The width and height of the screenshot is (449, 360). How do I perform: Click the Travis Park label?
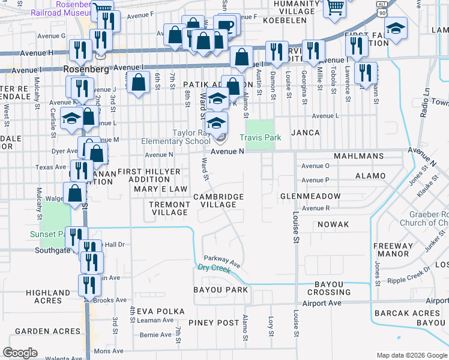click(x=261, y=138)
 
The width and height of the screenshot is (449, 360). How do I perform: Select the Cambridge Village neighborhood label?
click(x=218, y=200)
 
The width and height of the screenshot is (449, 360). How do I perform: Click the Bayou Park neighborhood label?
click(x=220, y=290)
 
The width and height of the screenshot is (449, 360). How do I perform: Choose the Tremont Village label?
click(x=169, y=208)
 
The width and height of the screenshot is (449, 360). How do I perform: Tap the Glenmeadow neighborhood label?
click(x=310, y=196)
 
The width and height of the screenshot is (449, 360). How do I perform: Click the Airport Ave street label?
click(x=322, y=304)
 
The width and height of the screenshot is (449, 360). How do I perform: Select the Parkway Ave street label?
click(x=222, y=261)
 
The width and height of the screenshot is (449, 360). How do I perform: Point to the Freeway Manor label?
click(x=393, y=250)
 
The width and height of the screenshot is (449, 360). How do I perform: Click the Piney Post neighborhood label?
click(x=214, y=323)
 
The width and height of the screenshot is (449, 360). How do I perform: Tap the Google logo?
click(x=20, y=353)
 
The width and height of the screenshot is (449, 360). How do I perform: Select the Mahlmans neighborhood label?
click(x=359, y=156)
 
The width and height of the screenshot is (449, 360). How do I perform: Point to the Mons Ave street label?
click(x=108, y=351)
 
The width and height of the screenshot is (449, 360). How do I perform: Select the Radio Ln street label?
click(x=426, y=101)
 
